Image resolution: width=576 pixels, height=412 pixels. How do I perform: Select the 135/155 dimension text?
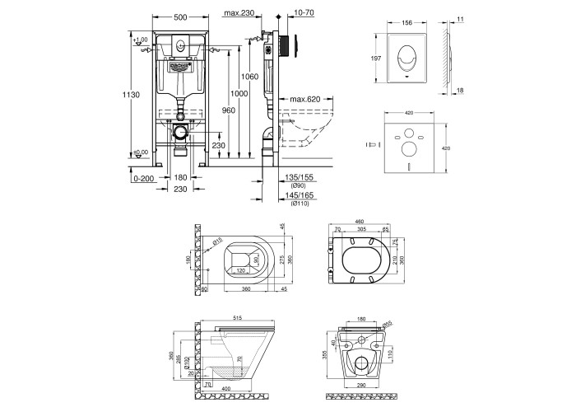[x=296, y=176]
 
